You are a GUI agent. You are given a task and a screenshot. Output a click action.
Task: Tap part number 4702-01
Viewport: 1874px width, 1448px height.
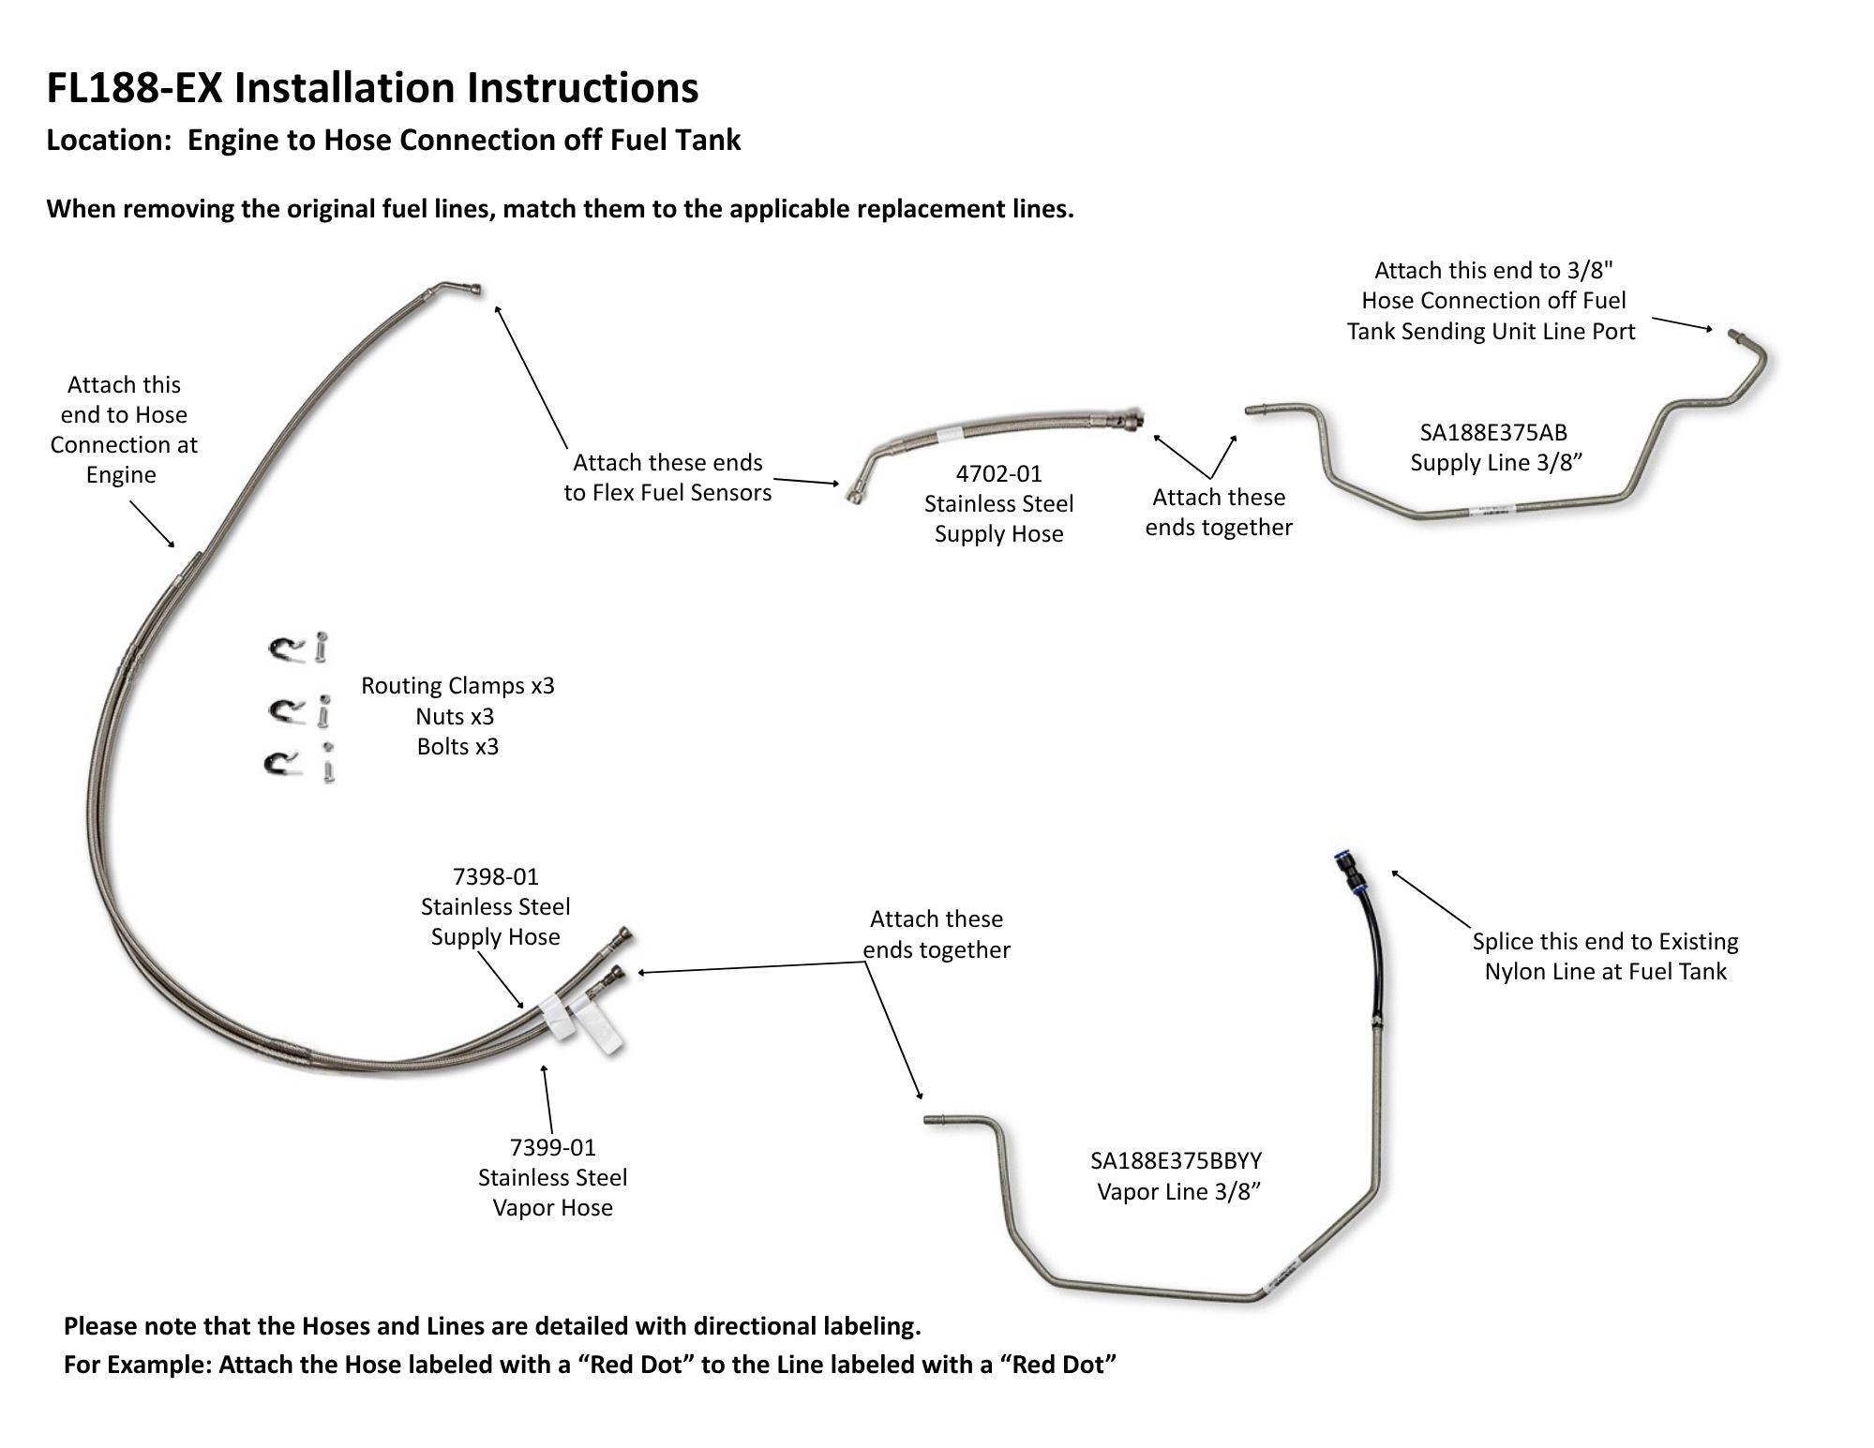click(998, 474)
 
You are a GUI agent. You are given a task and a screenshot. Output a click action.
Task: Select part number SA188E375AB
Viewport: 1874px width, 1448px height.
click(1493, 433)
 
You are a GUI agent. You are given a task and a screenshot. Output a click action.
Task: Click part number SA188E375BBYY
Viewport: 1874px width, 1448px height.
click(1176, 1161)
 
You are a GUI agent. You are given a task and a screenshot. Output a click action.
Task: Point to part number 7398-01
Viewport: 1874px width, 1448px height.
click(495, 877)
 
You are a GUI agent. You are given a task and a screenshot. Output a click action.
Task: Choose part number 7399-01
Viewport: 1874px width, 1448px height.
click(552, 1148)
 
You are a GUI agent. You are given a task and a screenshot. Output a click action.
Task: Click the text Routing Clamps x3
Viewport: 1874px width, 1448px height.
click(457, 686)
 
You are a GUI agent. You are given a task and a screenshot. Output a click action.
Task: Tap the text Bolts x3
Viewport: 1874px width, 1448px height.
click(457, 747)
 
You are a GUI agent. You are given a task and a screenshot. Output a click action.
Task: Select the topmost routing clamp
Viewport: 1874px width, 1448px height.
click(286, 649)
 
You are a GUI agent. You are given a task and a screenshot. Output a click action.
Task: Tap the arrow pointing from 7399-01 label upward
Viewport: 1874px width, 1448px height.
click(547, 1100)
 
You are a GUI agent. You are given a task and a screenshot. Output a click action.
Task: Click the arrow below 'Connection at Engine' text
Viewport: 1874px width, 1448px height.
click(152, 524)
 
